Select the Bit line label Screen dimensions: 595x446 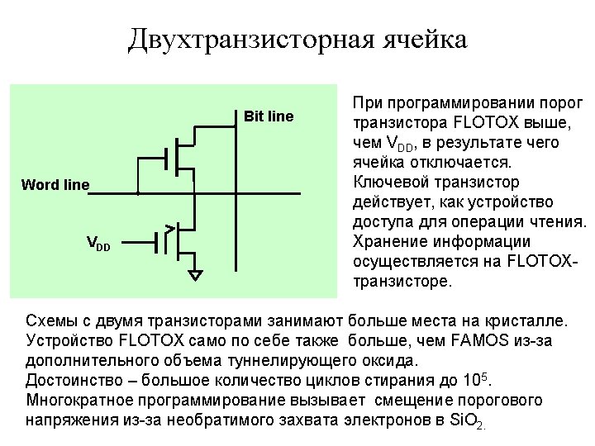click(x=269, y=116)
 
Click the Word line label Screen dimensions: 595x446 click(x=55, y=184)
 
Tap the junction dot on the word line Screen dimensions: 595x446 click(x=137, y=193)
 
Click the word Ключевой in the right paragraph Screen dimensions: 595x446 click(x=393, y=182)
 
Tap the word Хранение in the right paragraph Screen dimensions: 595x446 click(x=391, y=241)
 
